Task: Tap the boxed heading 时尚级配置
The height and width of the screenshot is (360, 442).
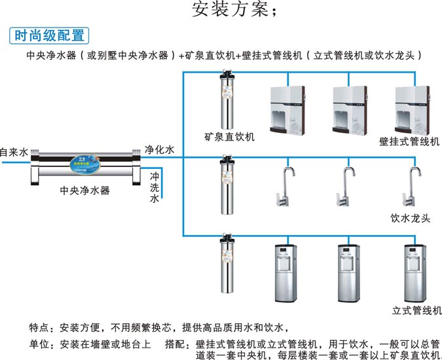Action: (x=49, y=37)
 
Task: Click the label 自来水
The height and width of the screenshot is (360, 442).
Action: (x=14, y=152)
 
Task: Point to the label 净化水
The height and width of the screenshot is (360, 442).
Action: (x=159, y=150)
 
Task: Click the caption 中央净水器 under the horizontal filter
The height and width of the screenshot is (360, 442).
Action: (x=84, y=190)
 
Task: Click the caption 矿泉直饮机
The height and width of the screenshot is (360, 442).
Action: (x=229, y=137)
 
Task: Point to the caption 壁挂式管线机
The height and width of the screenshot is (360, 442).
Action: (x=409, y=141)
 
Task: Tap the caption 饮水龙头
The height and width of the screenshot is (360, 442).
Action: (x=410, y=218)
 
